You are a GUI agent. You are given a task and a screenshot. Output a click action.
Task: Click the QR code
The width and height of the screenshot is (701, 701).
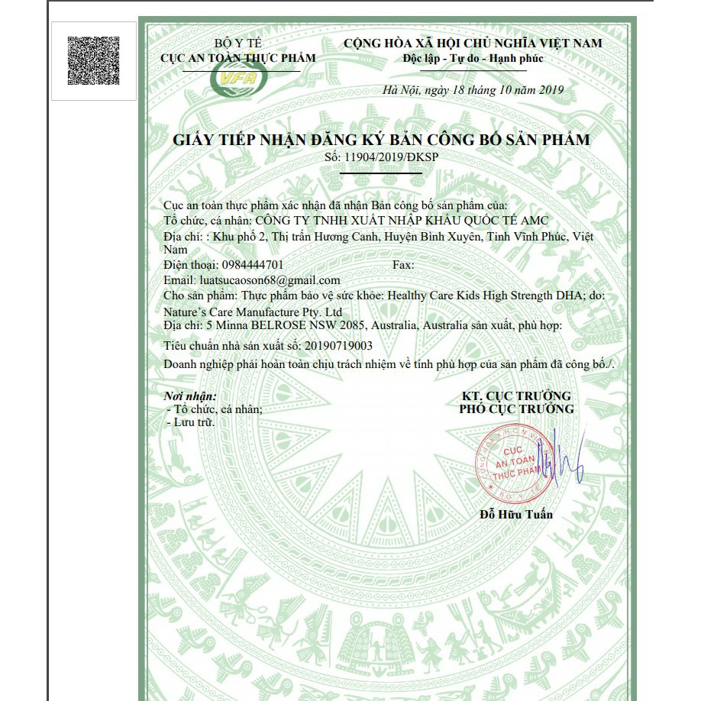tap(93, 60)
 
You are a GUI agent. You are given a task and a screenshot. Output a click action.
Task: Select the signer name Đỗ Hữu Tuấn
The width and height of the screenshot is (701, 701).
tap(516, 514)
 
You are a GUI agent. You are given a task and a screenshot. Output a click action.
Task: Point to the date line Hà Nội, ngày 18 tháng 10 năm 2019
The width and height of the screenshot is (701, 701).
tap(473, 90)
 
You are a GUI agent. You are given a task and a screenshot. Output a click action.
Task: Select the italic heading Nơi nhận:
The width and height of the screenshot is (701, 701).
tap(191, 396)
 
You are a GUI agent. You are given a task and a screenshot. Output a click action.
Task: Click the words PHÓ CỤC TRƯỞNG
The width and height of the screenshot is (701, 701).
tap(516, 409)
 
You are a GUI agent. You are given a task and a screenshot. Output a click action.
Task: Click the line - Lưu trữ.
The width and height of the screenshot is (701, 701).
tap(192, 422)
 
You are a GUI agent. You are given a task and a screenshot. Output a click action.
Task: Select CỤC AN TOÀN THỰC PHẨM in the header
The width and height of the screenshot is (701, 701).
tap(237, 58)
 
